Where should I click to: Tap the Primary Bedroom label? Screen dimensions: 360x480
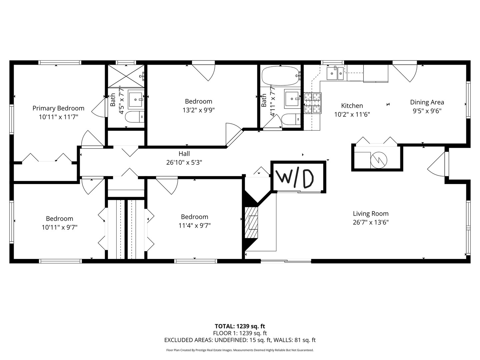click(x=58, y=108)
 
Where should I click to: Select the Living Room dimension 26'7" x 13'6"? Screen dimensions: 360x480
click(x=371, y=222)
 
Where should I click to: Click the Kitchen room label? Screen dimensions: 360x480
click(x=352, y=106)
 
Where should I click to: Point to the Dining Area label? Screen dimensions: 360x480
click(x=427, y=102)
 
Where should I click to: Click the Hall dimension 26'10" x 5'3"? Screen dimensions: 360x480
click(x=184, y=163)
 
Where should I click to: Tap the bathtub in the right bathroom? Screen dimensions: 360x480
click(x=280, y=76)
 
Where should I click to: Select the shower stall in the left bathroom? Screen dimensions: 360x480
click(x=126, y=76)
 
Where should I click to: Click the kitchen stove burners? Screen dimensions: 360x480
click(x=313, y=103)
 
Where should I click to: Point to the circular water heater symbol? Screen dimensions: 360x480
click(x=378, y=159)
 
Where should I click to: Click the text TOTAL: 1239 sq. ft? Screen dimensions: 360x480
click(x=240, y=326)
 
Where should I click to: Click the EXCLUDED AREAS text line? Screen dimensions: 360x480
click(x=240, y=340)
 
